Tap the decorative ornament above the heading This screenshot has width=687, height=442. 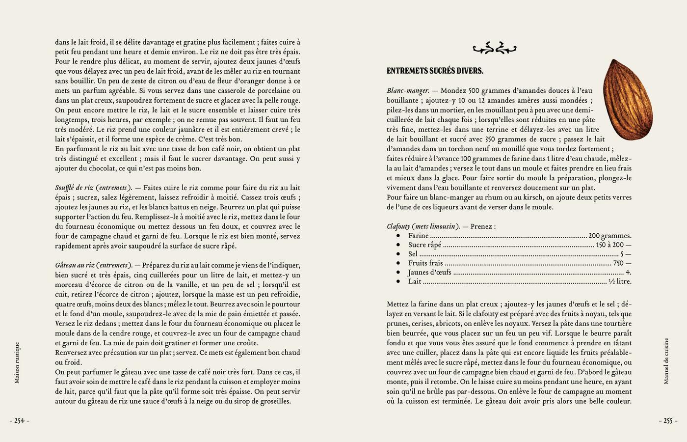(x=494, y=48)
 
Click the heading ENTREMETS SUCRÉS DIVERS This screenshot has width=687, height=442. (x=435, y=71)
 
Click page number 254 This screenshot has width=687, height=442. (x=19, y=421)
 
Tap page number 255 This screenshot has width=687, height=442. (x=668, y=421)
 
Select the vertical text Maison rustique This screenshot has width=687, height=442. (x=17, y=362)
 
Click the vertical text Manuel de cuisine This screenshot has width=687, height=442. (x=666, y=360)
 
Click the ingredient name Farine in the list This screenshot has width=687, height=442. (x=418, y=236)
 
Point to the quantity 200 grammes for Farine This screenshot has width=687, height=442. (x=610, y=236)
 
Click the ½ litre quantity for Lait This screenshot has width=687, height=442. (x=620, y=282)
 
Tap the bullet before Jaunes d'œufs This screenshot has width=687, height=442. (x=398, y=273)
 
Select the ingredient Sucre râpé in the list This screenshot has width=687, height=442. (x=424, y=245)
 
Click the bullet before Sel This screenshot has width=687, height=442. (x=398, y=254)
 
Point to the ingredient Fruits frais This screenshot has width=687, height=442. (x=425, y=263)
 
